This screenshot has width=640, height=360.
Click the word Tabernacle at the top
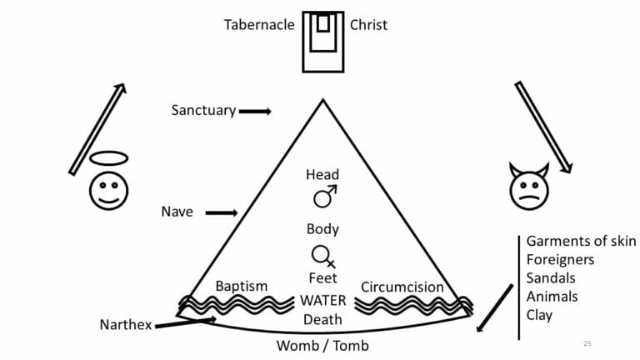pyautogui.click(x=258, y=24)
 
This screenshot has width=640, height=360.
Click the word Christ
pyautogui.click(x=368, y=24)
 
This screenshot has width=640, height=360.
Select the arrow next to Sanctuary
pyautogui.click(x=255, y=111)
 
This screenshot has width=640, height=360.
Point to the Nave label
pyautogui.click(x=177, y=212)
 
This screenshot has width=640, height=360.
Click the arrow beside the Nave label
pyautogui.click(x=221, y=212)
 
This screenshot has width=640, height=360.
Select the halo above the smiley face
pyautogui.click(x=108, y=158)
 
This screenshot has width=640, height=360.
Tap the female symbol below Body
pyautogui.click(x=322, y=255)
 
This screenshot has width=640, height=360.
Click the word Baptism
pyautogui.click(x=242, y=286)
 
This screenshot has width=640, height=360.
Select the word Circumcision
pyautogui.click(x=402, y=287)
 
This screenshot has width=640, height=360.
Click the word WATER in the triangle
pyautogui.click(x=322, y=301)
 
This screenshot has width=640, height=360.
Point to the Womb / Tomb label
pyautogui.click(x=322, y=345)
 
